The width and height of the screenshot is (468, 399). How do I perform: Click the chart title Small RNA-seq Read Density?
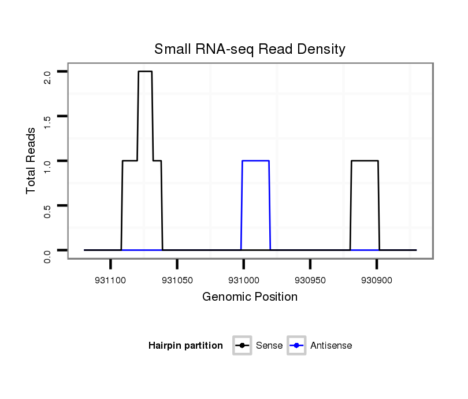pos(250,49)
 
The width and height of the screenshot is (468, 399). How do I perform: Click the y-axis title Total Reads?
pos(31,161)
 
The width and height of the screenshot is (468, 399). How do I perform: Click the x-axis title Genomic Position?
pos(250,297)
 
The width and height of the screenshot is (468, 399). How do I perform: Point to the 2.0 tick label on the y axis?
pos(48,77)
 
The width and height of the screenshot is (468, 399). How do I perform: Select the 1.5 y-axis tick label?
pos(48,121)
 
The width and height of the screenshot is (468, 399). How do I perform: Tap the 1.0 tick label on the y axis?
pos(48,166)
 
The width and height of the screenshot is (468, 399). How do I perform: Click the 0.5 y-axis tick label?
pos(48,210)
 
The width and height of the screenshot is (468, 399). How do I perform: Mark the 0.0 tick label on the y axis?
pos(48,255)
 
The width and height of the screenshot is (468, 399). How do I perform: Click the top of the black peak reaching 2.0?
pos(145,72)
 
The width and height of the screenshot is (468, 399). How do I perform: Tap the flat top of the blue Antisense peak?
pos(255,161)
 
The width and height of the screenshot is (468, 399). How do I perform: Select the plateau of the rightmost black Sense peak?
pos(365,161)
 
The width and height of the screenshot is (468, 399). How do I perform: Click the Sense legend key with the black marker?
pos(242,346)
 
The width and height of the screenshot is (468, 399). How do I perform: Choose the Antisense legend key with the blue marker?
pos(296,346)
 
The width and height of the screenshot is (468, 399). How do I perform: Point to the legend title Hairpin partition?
pos(185,346)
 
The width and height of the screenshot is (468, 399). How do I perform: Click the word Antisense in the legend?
pos(331,346)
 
